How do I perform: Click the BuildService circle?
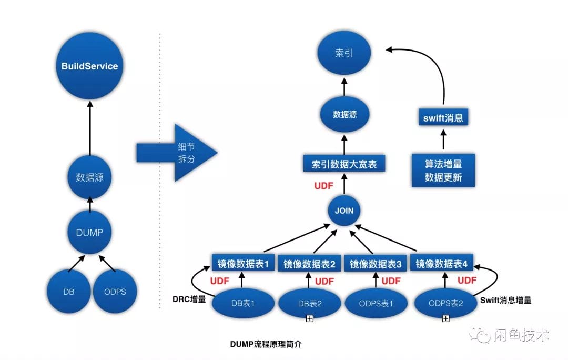(x=89, y=67)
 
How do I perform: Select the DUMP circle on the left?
(x=89, y=232)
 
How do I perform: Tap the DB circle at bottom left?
(x=68, y=291)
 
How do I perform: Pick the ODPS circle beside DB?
(x=115, y=291)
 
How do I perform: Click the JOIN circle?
(x=344, y=211)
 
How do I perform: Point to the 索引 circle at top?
(x=344, y=53)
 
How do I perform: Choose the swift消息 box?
(x=443, y=118)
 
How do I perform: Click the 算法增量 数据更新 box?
(x=443, y=170)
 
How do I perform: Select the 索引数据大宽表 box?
(x=344, y=164)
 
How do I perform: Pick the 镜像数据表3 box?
(x=376, y=264)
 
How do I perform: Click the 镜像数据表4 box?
(x=441, y=263)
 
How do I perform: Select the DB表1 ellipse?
(x=243, y=303)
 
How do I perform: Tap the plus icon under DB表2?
(x=310, y=318)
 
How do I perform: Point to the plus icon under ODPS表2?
(x=445, y=318)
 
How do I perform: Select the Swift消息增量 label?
(x=506, y=300)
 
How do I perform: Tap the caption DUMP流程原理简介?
(x=266, y=344)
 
